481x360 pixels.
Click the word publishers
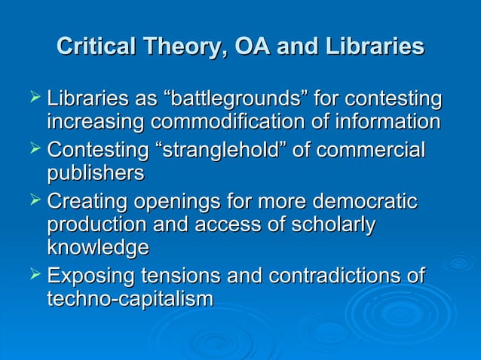[95, 172]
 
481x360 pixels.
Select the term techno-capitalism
[130, 298]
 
